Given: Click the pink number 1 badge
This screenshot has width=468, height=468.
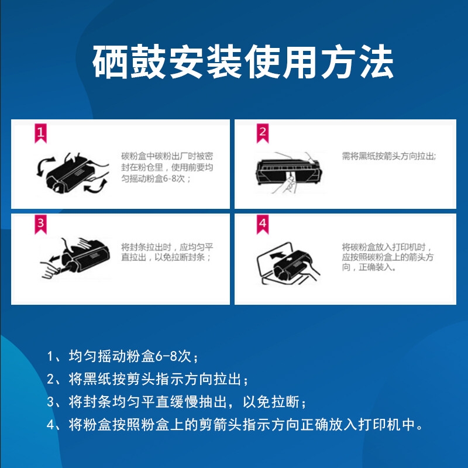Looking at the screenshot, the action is tap(40, 133).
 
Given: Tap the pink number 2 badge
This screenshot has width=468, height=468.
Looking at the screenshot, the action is tap(263, 133).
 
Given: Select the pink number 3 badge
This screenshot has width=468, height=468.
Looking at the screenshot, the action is tap(40, 224).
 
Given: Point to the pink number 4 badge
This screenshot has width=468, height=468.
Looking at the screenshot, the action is tap(263, 224).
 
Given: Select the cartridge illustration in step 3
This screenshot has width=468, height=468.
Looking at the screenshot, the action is tap(75, 258).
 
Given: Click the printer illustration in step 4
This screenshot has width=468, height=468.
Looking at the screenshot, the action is tap(288, 263).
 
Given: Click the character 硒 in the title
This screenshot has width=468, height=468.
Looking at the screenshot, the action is tap(110, 62).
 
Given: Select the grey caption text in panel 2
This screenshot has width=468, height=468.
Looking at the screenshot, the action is tap(389, 156).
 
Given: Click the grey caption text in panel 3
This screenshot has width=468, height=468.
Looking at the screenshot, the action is tap(167, 252).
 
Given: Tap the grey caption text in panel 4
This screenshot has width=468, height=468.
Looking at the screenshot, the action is tap(388, 257).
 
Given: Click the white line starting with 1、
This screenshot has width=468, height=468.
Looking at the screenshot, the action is tap(122, 356).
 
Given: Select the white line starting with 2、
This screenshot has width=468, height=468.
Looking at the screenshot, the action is tap(147, 379).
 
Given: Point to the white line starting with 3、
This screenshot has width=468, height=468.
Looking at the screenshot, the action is tap(177, 402).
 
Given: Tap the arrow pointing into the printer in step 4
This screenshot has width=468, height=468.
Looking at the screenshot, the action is tap(277, 255).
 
